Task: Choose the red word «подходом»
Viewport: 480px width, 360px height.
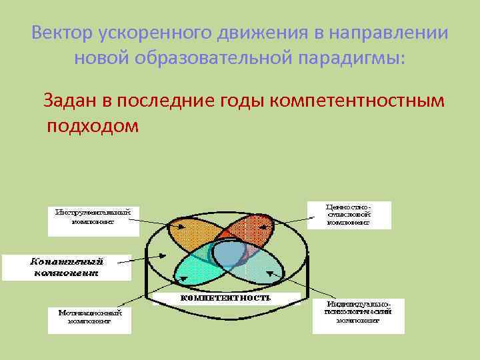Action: click(x=93, y=126)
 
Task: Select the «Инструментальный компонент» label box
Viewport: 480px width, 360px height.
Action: click(x=93, y=219)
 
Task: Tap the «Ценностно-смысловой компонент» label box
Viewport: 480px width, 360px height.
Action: click(x=349, y=215)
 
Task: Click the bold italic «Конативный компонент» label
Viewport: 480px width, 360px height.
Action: click(x=65, y=267)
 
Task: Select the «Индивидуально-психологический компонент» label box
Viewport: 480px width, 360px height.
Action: click(x=359, y=315)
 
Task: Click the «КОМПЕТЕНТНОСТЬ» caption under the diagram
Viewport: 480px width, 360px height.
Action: click(x=226, y=298)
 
